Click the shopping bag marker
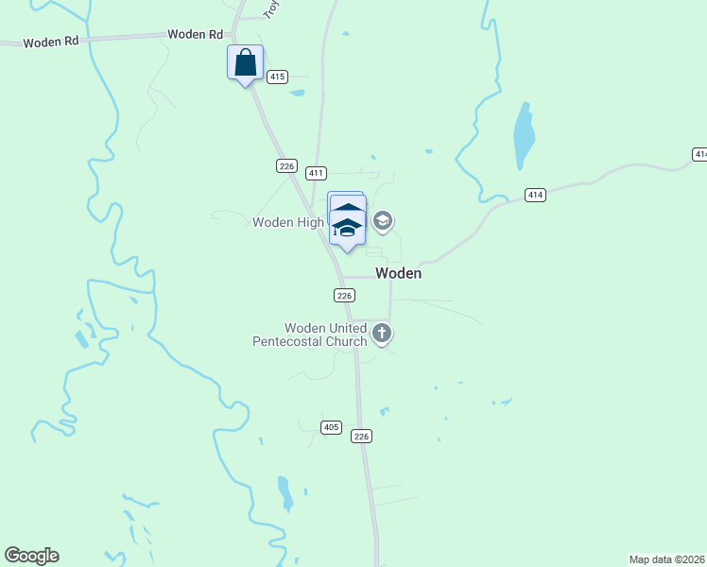pos(246,64)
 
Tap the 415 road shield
pos(277,77)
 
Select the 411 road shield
pos(316,173)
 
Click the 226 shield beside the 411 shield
pos(287,166)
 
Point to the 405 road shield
pos(331,427)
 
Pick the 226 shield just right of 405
pos(361,436)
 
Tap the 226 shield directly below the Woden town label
pos(344,296)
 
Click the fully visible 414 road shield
pos(536,196)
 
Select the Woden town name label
pos(398,273)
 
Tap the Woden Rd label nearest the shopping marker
pos(187,34)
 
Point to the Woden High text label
pos(288,222)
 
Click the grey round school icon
pos(383,222)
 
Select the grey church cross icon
pos(382,333)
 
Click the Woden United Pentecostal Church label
pos(309,335)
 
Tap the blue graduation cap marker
pos(348,226)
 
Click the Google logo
pos(31,556)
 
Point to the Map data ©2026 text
pos(667,559)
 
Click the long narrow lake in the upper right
pos(524,135)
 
